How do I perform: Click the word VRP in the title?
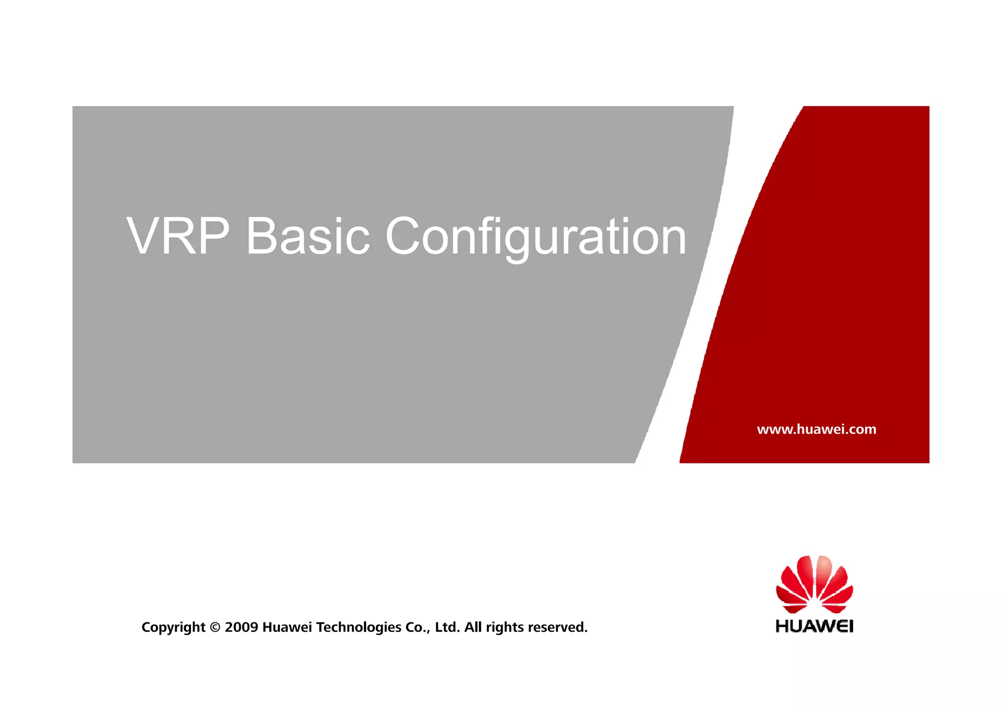click(x=178, y=236)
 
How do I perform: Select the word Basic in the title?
click(x=308, y=236)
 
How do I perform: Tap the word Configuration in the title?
click(x=536, y=237)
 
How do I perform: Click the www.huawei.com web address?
click(x=817, y=430)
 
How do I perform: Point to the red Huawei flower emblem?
click(x=815, y=584)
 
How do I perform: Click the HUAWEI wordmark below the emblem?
click(x=815, y=626)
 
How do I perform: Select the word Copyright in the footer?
click(x=173, y=628)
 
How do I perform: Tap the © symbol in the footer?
click(x=215, y=627)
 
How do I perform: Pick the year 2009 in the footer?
click(x=241, y=627)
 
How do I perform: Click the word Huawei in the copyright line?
click(x=287, y=627)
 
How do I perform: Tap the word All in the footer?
click(x=473, y=627)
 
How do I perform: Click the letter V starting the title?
click(x=143, y=236)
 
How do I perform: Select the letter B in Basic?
click(x=262, y=236)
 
